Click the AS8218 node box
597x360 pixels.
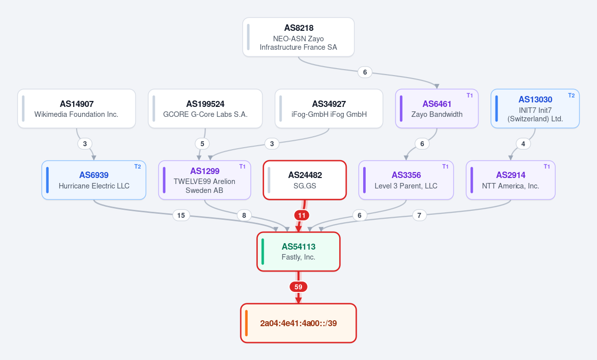[x=298, y=37]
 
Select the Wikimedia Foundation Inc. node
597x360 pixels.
[x=77, y=108]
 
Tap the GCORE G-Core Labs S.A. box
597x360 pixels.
[x=205, y=108]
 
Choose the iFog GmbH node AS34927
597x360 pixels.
[x=329, y=108]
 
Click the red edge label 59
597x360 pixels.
[x=298, y=287]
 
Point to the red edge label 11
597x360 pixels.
[x=301, y=215]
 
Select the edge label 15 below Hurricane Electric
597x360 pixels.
[x=181, y=215]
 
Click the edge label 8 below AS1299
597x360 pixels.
[x=244, y=215]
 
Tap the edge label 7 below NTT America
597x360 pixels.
[x=419, y=215]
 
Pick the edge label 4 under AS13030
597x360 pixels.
[x=523, y=144]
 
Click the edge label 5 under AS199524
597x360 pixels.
[x=202, y=144]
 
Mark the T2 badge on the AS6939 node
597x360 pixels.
[x=137, y=167]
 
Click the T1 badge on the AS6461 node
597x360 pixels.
[x=470, y=95]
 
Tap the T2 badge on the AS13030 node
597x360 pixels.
[x=572, y=95]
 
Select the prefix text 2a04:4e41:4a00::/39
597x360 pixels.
[x=298, y=323]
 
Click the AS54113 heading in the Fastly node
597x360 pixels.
[x=298, y=247]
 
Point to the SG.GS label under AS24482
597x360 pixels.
[x=304, y=186]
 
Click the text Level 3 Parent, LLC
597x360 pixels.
[x=406, y=186]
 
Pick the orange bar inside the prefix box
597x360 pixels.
[x=246, y=323]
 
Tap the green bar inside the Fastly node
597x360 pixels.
[x=263, y=252]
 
